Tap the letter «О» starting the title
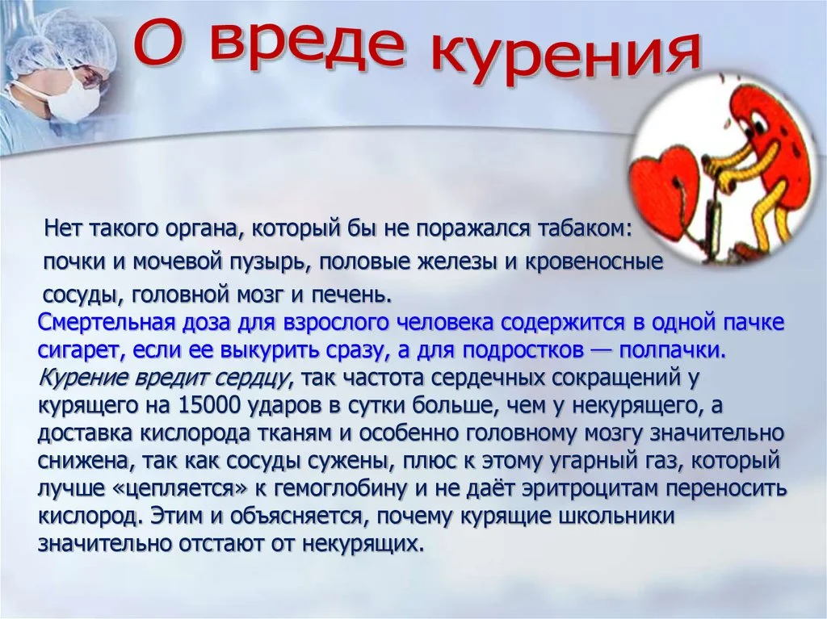click(x=157, y=40)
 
